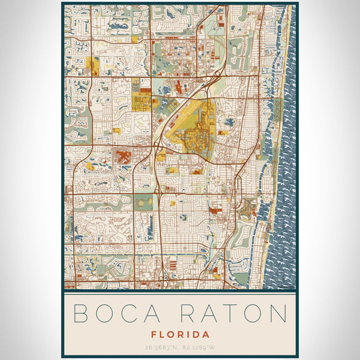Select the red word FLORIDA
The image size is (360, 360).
pyautogui.click(x=180, y=334)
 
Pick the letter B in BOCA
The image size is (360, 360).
pyautogui.click(x=81, y=314)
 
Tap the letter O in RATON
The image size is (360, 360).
pyautogui.click(x=253, y=314)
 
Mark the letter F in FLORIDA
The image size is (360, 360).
pyautogui.click(x=154, y=334)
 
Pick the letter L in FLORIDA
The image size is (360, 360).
pyautogui.click(x=163, y=334)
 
